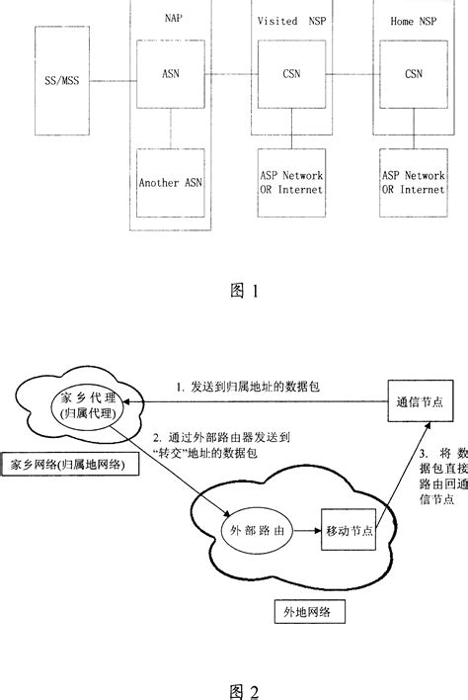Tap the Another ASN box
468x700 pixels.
pos(170,182)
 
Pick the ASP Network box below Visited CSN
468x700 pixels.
pos(290,182)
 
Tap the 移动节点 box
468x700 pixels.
pos(349,531)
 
